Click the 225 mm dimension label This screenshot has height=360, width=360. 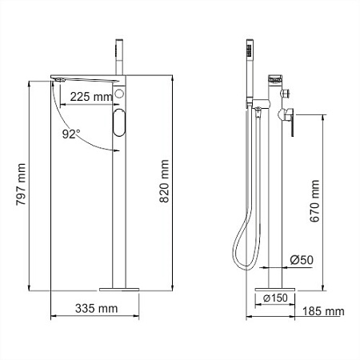91,96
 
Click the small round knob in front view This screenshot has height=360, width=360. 120,94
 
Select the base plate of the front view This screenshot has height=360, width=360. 120,286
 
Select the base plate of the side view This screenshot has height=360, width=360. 273,286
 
